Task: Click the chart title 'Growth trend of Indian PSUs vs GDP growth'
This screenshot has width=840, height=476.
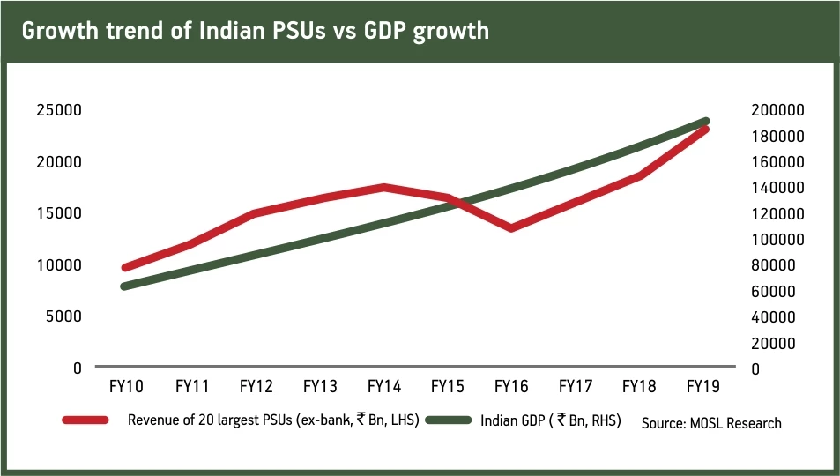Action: coord(255,31)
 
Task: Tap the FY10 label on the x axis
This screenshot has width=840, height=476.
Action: coord(128,386)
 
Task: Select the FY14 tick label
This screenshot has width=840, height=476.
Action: coord(383,386)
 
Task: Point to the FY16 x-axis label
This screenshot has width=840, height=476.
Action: coord(511,386)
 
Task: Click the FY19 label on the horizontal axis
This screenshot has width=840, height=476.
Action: coord(702,386)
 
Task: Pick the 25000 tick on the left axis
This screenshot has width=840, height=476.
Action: coord(59,110)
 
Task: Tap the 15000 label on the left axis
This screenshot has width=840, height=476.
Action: coord(59,213)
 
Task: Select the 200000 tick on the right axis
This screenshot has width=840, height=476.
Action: coord(778,110)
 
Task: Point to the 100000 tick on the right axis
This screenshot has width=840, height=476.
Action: coord(778,239)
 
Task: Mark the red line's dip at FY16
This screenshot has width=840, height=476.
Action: coord(512,228)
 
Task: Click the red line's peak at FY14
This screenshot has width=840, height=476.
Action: coord(384,187)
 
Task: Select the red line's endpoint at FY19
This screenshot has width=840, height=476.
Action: coord(705,130)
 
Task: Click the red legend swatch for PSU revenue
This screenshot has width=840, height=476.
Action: coord(85,420)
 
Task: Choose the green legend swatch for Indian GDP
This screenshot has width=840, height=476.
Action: coord(448,420)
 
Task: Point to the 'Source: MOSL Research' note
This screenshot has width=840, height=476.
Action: coord(711,423)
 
